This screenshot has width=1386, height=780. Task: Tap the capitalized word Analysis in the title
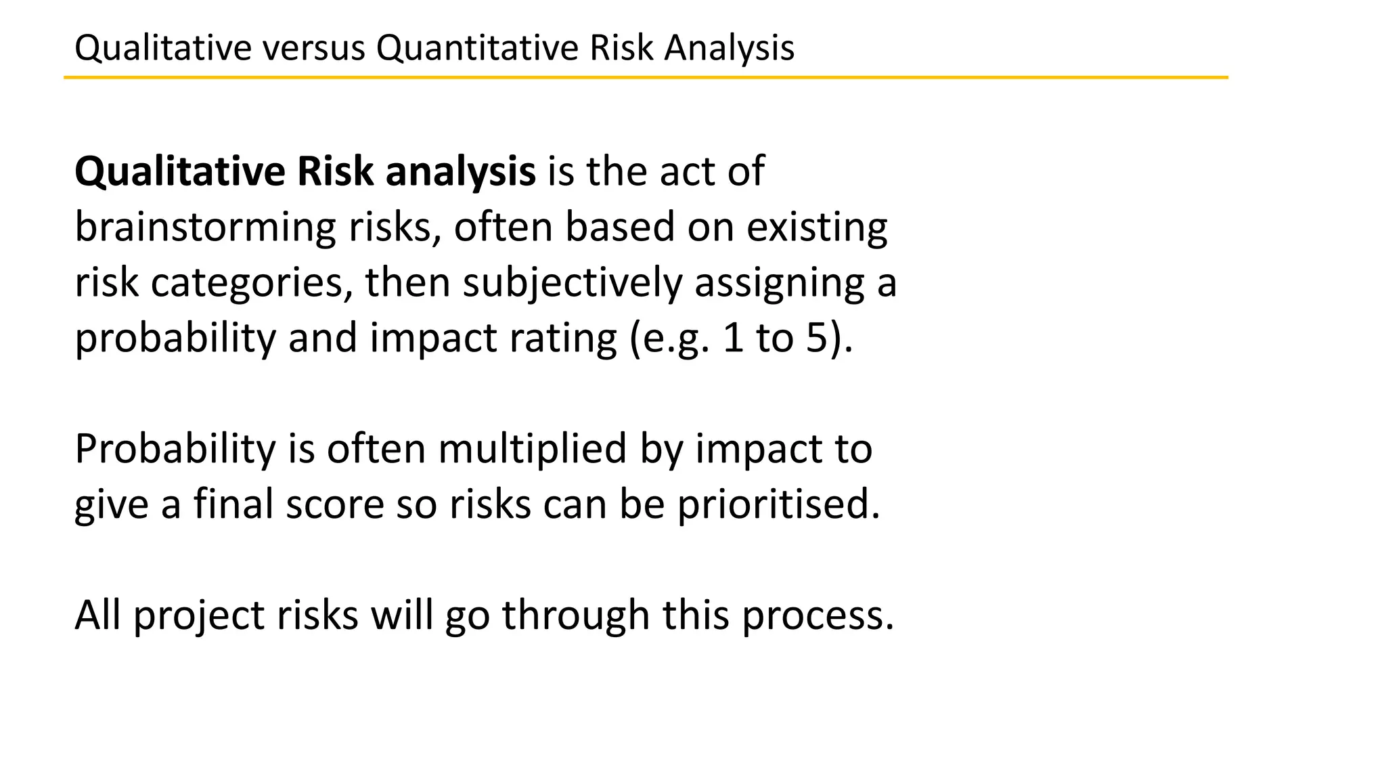pyautogui.click(x=729, y=49)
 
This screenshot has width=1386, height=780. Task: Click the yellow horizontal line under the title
pyautogui.click(x=646, y=78)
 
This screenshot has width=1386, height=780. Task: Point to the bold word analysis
pyautogui.click(x=460, y=172)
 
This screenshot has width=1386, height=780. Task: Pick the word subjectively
pyautogui.click(x=573, y=283)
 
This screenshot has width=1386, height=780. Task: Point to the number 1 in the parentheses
pyautogui.click(x=733, y=339)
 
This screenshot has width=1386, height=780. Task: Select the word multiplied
pyautogui.click(x=532, y=450)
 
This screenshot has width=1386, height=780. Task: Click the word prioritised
pyautogui.click(x=778, y=505)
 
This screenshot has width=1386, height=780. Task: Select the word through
pyautogui.click(x=575, y=615)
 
